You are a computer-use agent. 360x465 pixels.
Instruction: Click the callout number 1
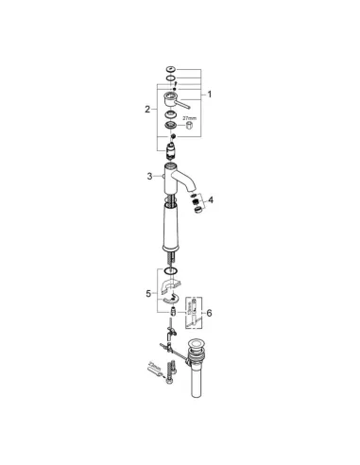tap(211, 93)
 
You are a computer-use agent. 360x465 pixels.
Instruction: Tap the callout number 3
tap(149, 176)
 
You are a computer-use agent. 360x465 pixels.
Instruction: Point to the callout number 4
tap(212, 199)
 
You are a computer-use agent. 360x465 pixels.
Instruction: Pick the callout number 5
tap(149, 294)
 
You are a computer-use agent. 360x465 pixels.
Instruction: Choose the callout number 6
tap(210, 313)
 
